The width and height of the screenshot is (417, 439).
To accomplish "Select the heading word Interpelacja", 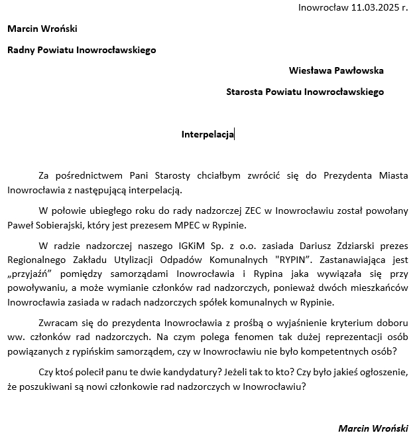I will tap(208, 134).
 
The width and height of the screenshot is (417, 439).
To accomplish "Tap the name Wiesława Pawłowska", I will tap(336, 70).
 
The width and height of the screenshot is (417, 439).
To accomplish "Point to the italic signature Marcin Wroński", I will tap(373, 428).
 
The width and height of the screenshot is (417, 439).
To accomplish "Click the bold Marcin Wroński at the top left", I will tap(42, 29).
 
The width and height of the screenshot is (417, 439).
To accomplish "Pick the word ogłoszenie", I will tap(381, 373).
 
